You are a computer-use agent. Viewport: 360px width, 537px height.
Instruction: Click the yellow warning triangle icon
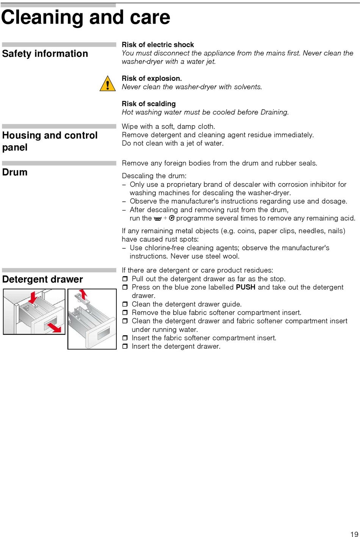click(108, 84)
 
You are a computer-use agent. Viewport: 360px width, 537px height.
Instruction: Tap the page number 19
click(354, 534)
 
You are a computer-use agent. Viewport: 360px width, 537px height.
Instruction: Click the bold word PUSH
click(246, 287)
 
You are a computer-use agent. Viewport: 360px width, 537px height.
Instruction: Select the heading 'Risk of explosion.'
click(152, 79)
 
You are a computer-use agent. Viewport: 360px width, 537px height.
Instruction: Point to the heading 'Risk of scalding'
click(149, 104)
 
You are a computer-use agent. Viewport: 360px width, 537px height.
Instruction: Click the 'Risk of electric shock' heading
click(158, 45)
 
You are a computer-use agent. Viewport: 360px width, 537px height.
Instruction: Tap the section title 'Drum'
click(15, 172)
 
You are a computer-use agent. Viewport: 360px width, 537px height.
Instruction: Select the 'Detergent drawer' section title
click(42, 279)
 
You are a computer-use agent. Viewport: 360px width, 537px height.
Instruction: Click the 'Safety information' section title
click(45, 54)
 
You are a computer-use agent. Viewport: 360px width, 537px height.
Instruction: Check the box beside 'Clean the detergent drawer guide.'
click(125, 304)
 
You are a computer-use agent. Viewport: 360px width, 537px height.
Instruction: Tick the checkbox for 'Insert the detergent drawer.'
click(125, 346)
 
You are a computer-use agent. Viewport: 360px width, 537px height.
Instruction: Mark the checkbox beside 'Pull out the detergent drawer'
click(125, 279)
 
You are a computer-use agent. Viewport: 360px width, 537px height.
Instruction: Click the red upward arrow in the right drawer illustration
click(83, 294)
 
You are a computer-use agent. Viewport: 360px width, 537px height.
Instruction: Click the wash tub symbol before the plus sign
click(158, 218)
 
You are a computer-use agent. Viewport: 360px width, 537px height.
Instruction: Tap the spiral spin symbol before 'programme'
click(172, 218)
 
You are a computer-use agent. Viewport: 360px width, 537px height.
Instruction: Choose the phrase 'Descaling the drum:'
click(154, 176)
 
